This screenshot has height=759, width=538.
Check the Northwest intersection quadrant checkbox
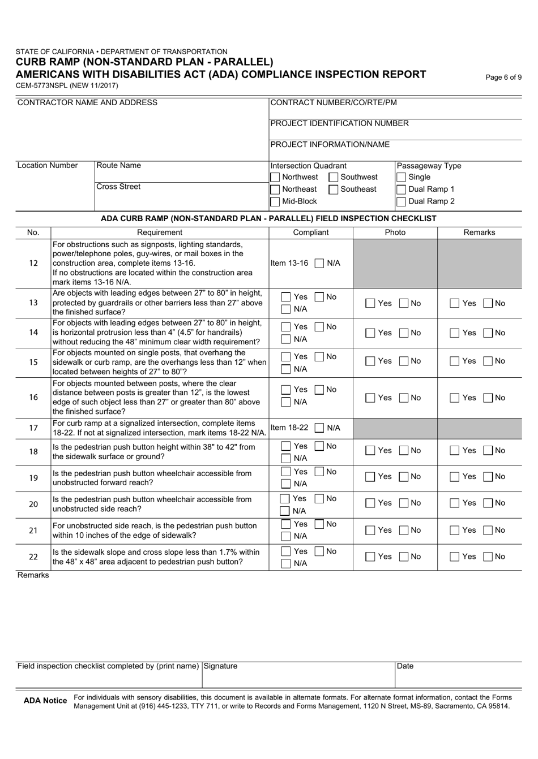click(275, 178)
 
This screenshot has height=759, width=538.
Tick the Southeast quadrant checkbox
click(334, 189)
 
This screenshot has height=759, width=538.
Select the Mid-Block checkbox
click(275, 201)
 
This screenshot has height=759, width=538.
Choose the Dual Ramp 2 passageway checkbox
click(402, 201)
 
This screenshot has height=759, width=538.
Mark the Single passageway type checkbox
click(402, 178)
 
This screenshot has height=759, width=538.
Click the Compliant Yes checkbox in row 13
click(287, 297)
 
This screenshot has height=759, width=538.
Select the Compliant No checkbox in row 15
click(319, 357)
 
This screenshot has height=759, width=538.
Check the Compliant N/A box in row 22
click(287, 563)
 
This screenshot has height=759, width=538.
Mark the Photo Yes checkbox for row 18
click(370, 451)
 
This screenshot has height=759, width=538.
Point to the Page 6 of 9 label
click(503, 78)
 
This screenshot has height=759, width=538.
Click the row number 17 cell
click(33, 428)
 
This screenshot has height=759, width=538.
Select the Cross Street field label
click(118, 187)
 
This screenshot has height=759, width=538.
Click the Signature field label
click(220, 666)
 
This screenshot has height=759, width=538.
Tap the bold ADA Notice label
click(45, 701)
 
